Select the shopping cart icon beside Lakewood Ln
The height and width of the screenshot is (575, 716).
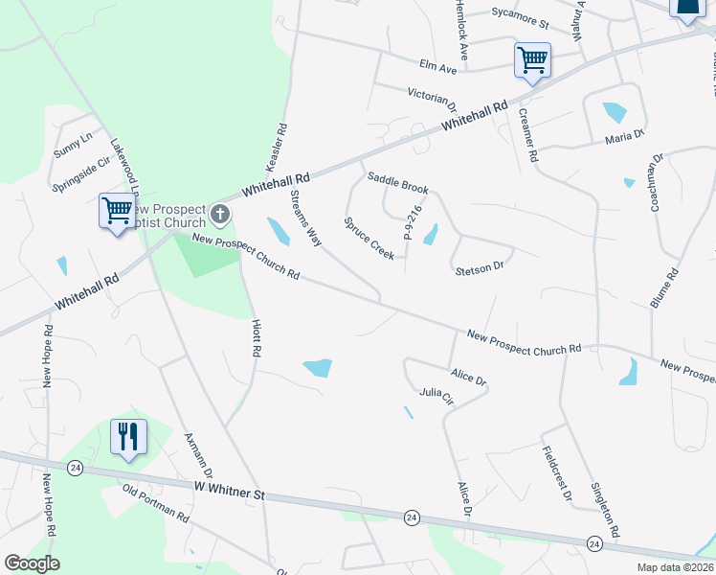pyautogui.click(x=117, y=209)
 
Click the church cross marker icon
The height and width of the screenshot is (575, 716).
pyautogui.click(x=221, y=212)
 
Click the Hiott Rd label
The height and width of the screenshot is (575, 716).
pyautogui.click(x=257, y=338)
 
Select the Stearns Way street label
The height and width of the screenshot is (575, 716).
pyautogui.click(x=305, y=218)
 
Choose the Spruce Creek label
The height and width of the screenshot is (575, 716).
pyautogui.click(x=369, y=238)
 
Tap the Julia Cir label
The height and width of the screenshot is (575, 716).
pyautogui.click(x=436, y=397)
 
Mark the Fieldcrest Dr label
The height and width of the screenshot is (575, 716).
pyautogui.click(x=556, y=473)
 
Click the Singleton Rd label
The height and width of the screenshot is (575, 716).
pyautogui.click(x=608, y=507)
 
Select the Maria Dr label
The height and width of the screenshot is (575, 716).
pyautogui.click(x=625, y=139)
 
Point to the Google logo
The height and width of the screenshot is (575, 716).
pyautogui.click(x=32, y=563)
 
